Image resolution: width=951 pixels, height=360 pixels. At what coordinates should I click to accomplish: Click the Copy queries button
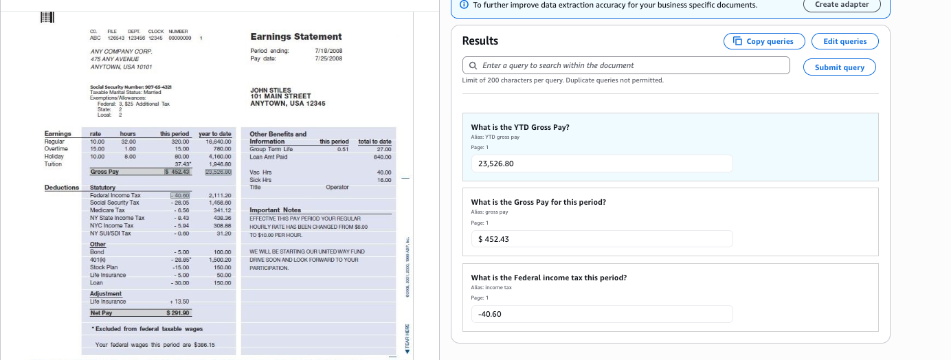click(x=764, y=41)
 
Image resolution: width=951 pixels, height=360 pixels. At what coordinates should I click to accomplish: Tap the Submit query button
click(x=839, y=67)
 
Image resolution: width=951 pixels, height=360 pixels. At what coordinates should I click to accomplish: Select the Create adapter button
click(x=842, y=5)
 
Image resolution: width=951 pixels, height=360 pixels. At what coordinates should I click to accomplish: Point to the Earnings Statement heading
click(x=295, y=36)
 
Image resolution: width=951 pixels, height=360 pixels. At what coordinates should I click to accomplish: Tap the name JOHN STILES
click(x=271, y=90)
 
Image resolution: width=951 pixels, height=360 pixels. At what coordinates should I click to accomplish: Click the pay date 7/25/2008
click(x=328, y=58)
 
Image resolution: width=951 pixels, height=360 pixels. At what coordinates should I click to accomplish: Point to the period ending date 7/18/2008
click(x=328, y=51)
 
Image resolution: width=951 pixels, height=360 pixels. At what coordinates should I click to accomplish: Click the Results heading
click(x=480, y=41)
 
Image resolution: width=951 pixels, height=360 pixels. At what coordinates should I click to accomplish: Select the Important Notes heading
click(x=275, y=210)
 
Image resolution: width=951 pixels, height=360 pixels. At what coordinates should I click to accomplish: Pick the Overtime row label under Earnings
click(x=56, y=148)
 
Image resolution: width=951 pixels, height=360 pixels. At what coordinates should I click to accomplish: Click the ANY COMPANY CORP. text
click(x=121, y=52)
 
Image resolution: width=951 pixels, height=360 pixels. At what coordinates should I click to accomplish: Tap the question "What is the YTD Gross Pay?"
click(x=520, y=127)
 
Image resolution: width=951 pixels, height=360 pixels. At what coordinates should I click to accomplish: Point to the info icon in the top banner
click(x=464, y=5)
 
